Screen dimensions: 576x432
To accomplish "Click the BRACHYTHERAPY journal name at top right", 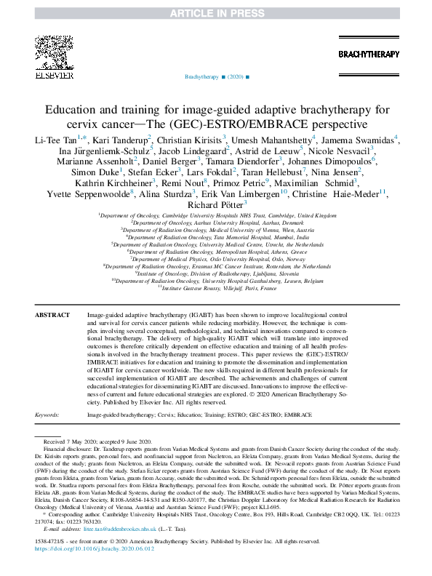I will (x=368, y=55).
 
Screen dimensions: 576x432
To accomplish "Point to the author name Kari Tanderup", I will (x=121, y=138).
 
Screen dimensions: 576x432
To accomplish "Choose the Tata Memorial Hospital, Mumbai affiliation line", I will (x=215, y=236).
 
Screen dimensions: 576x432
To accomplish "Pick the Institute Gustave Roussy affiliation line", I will (x=215, y=287).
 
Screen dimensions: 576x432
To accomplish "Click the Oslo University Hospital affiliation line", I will (x=215, y=258).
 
